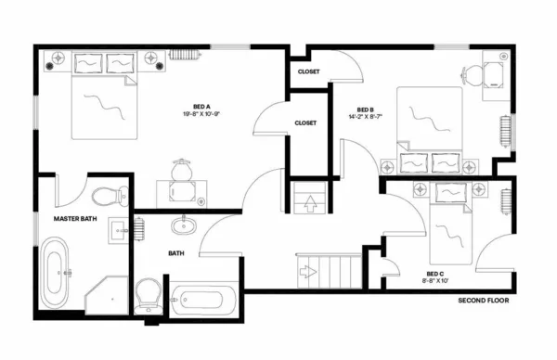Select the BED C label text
tap(434, 274)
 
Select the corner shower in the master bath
tap(106, 292)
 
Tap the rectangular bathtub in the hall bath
tap(204, 300)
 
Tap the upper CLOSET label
tap(309, 71)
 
